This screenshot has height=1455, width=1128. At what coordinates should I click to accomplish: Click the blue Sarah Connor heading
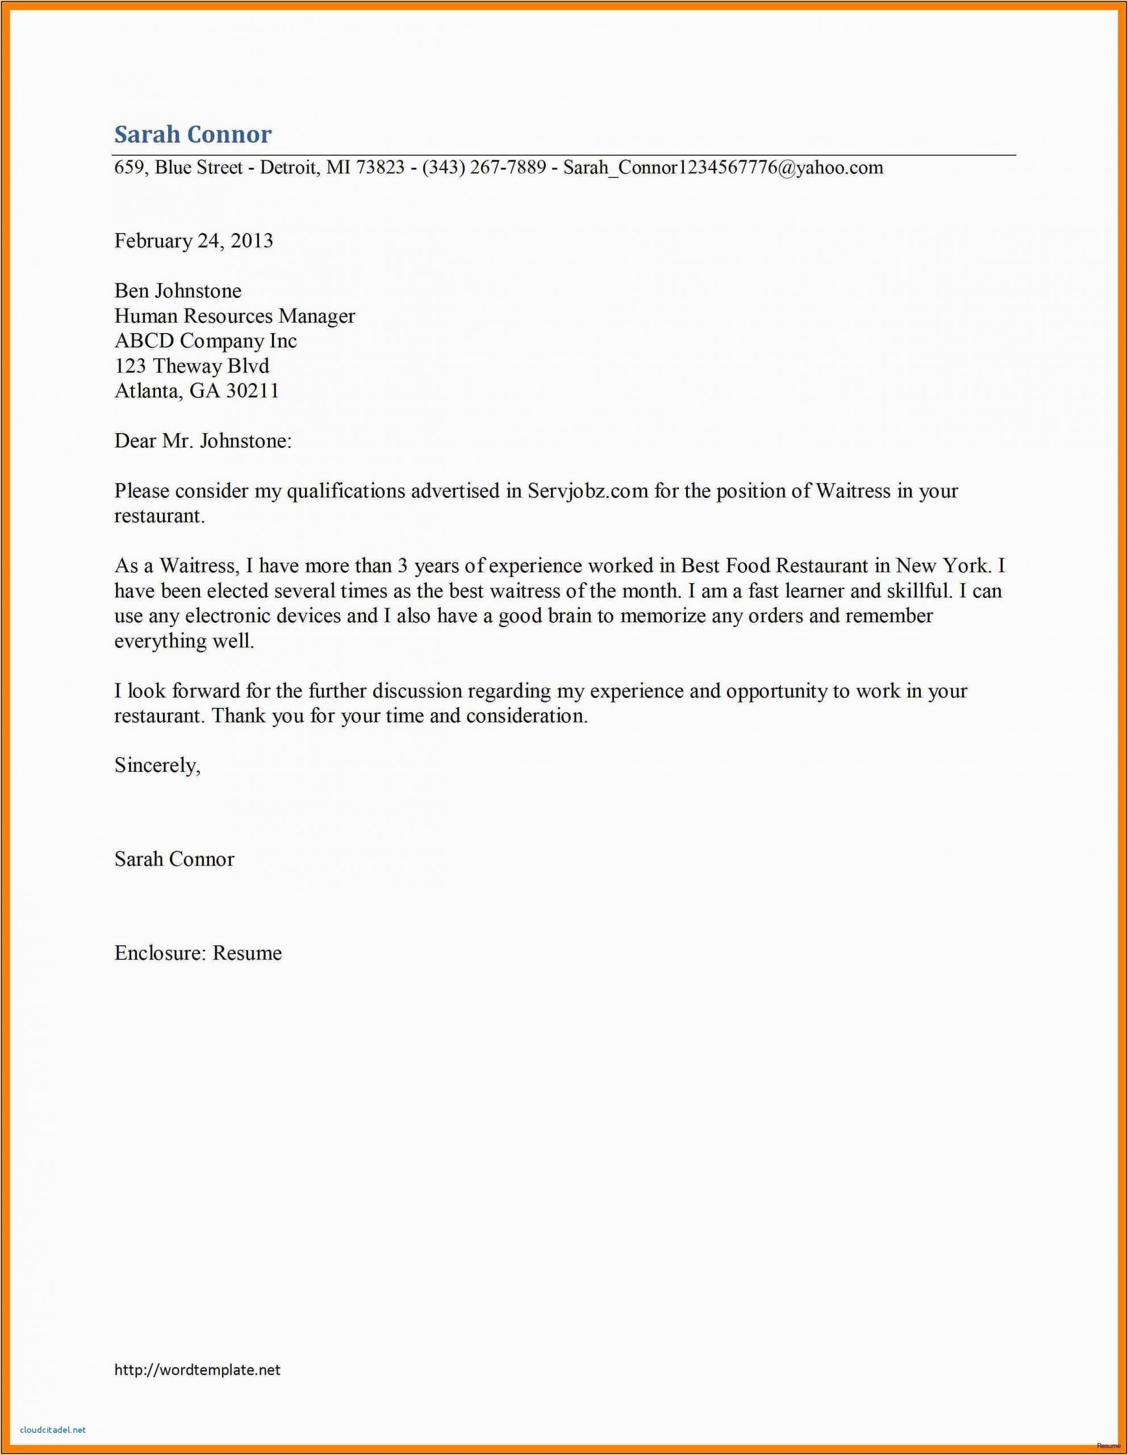tap(193, 135)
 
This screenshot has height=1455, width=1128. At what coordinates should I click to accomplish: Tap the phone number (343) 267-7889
tap(484, 167)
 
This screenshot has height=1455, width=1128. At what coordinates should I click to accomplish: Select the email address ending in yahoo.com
tap(723, 167)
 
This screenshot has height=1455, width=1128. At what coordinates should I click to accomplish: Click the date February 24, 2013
tap(194, 240)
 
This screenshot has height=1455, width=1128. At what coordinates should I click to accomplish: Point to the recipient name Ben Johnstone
tap(178, 290)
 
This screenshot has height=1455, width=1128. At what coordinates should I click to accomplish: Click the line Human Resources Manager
tap(235, 316)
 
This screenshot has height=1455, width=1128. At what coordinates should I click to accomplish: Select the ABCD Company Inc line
tap(206, 340)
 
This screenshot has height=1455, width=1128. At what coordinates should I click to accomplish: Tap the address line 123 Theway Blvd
tap(192, 366)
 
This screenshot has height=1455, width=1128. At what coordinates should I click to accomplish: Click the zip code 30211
tap(252, 390)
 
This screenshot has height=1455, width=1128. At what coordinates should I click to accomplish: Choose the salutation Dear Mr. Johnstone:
tap(203, 440)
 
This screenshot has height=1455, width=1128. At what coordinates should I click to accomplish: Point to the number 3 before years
tap(402, 566)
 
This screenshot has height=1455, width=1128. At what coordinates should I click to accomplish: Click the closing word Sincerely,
tap(157, 766)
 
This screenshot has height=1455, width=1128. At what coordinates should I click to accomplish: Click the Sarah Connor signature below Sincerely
tap(174, 859)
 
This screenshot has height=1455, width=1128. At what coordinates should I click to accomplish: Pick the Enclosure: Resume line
tap(198, 953)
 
